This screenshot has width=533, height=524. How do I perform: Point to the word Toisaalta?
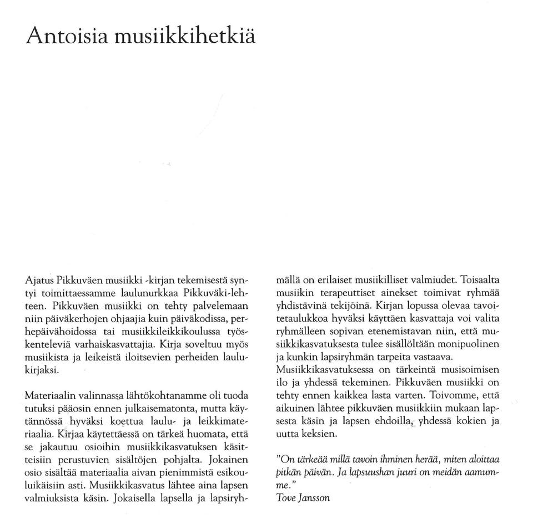point(481,279)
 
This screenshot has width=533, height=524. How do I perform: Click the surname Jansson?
point(315,497)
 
